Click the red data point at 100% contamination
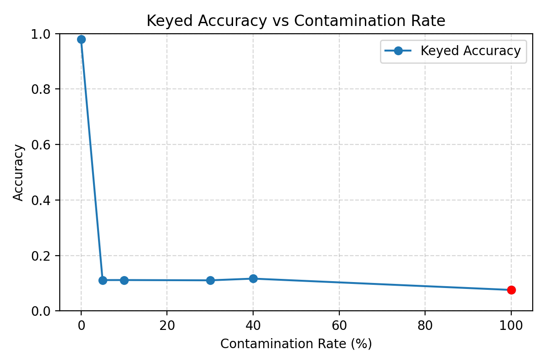[511, 290]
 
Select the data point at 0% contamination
[81, 39]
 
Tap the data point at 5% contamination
[103, 280]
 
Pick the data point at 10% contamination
[124, 280]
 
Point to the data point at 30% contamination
[210, 280]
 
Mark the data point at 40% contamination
[253, 278]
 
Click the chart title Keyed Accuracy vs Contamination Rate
[296, 21]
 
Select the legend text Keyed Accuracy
[470, 51]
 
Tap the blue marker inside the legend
[398, 51]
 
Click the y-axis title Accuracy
[18, 172]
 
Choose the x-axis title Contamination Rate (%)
[296, 344]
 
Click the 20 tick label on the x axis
[167, 325]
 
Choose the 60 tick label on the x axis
[339, 325]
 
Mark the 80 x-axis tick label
[425, 325]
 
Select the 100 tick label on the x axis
[511, 325]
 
